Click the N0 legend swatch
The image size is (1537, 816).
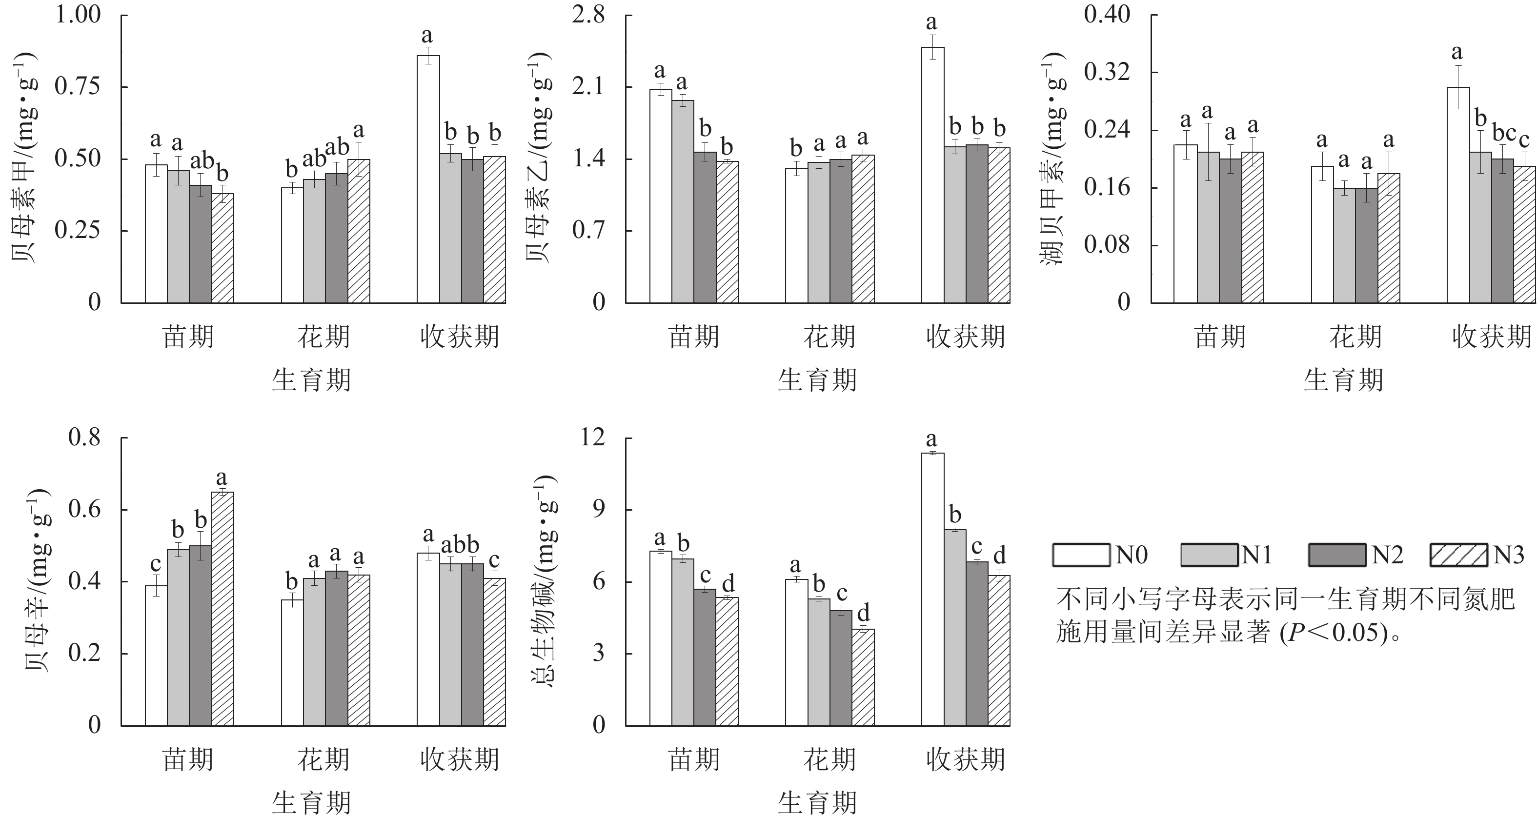point(1081,555)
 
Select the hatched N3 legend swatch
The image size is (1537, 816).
point(1458,555)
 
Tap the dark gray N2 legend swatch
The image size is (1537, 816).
point(1336,555)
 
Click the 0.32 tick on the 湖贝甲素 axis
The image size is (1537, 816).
point(1107,73)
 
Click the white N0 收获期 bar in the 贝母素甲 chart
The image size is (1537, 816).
point(428,179)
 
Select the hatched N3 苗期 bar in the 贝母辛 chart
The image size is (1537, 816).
point(222,608)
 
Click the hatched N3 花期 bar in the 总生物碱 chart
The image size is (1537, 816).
point(863,677)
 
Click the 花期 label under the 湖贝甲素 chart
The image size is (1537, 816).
point(1355,337)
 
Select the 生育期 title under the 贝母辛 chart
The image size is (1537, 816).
point(311,802)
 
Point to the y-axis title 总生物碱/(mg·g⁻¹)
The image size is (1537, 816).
point(543,581)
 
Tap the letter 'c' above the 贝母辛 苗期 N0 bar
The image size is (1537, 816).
point(156,564)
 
